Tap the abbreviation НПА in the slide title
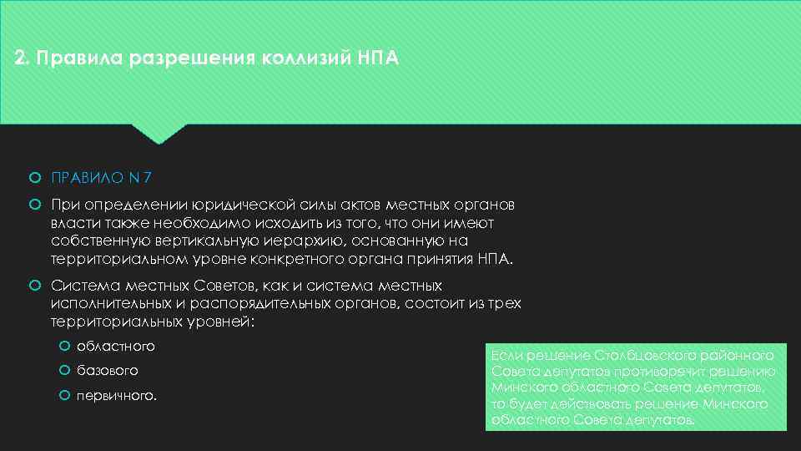tap(379, 59)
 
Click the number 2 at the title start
tap(21, 59)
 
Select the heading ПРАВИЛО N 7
tap(101, 178)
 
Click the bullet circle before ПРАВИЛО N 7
tap(34, 178)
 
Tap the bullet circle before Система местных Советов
tap(34, 286)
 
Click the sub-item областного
tap(115, 346)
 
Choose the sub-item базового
tap(107, 370)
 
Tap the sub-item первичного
tap(115, 395)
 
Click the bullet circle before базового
tap(64, 370)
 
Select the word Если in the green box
tap(506, 355)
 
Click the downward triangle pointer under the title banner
tap(159, 134)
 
